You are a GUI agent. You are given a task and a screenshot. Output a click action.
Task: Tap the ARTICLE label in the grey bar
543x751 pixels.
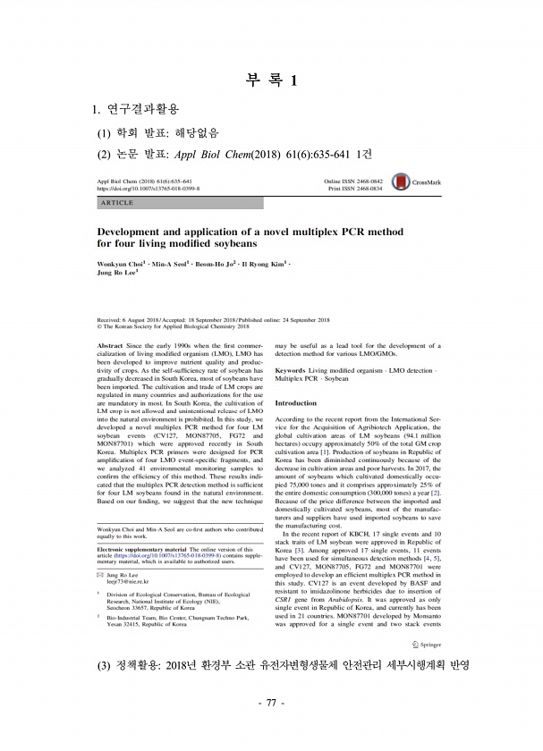click(114, 204)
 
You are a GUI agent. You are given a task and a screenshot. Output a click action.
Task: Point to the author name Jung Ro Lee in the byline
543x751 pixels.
click(116, 275)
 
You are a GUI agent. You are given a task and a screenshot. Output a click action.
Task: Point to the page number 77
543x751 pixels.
click(270, 728)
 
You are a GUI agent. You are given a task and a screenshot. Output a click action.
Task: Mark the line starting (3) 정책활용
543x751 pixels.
click(283, 691)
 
